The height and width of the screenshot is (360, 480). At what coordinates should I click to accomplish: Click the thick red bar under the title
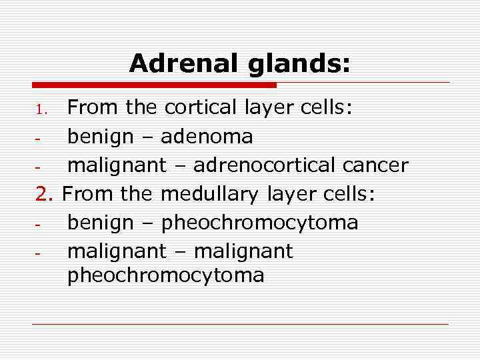point(154,85)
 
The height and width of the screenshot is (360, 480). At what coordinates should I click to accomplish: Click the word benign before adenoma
point(100,137)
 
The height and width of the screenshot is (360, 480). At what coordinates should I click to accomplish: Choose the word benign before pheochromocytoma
point(100,222)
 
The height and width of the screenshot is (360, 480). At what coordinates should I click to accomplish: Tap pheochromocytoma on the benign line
point(260,222)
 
